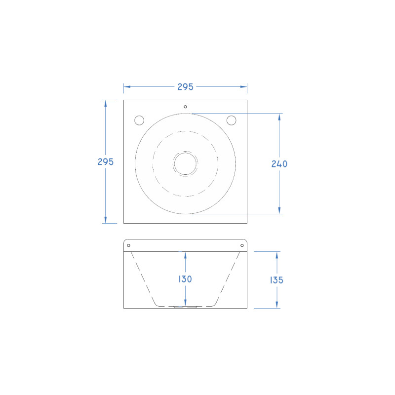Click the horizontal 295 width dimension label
click(185, 87)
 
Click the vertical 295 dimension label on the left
click(106, 162)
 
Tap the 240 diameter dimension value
click(279, 164)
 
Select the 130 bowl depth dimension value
click(185, 279)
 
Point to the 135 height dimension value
click(276, 280)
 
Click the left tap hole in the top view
click(139, 120)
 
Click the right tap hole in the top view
click(231, 120)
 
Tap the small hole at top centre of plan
click(185, 107)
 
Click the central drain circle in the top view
click(185, 163)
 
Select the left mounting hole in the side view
click(128, 245)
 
